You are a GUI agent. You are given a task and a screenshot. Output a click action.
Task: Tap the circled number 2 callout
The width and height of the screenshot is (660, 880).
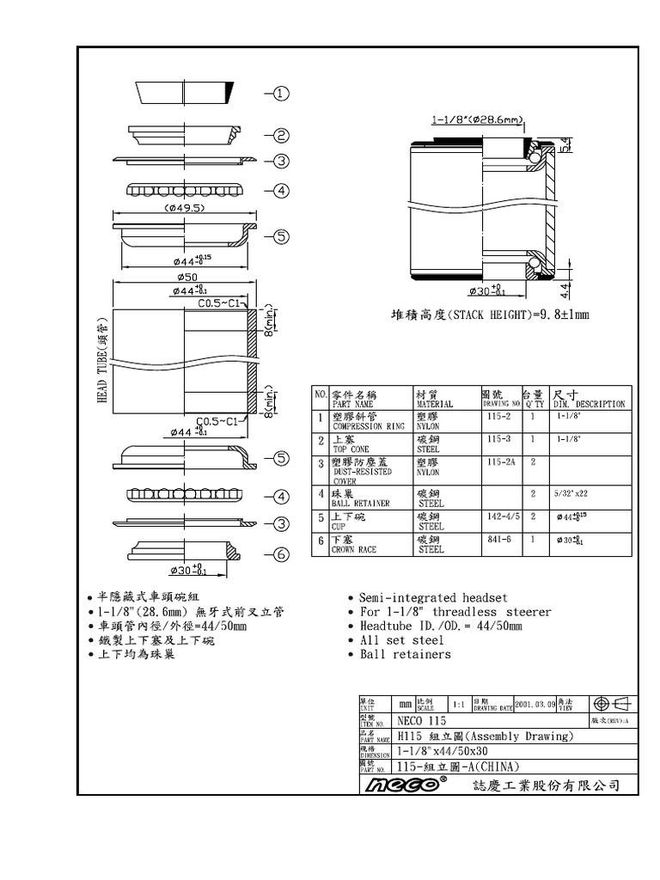pos(284,136)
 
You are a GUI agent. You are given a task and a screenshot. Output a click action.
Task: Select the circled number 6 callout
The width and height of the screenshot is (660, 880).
pos(284,555)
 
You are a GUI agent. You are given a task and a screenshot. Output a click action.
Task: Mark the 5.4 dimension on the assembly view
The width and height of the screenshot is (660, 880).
pos(564,145)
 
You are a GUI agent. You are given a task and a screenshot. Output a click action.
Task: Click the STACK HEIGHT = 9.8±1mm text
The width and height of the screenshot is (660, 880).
pos(490,316)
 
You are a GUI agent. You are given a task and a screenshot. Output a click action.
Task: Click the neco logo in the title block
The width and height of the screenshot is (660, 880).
pos(405,785)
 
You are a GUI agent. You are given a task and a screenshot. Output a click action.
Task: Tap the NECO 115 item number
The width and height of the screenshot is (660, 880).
pos(422,720)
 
